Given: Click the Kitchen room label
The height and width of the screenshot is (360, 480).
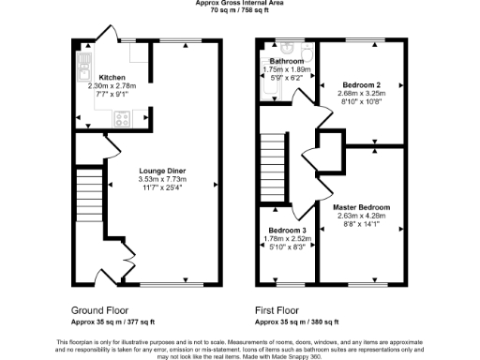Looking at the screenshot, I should pyautogui.click(x=99, y=78).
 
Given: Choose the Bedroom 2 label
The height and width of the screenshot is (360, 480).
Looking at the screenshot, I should pyautogui.click(x=360, y=85).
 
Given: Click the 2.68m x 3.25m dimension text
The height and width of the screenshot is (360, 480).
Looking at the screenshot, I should pyautogui.click(x=360, y=94).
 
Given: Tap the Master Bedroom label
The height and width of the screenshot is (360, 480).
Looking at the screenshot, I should pyautogui.click(x=362, y=205).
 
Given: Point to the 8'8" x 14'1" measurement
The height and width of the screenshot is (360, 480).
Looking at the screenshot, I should pyautogui.click(x=362, y=222).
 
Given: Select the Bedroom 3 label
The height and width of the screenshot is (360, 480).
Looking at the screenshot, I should pyautogui.click(x=288, y=231).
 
